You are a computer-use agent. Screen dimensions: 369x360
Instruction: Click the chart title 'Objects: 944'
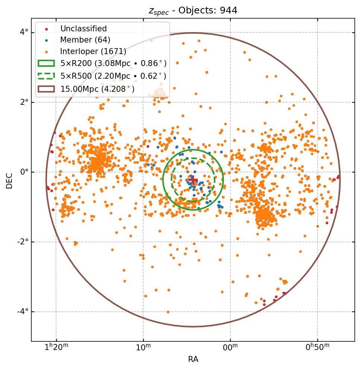click(x=193, y=10)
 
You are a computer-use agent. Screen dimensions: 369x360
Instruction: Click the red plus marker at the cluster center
click(x=193, y=180)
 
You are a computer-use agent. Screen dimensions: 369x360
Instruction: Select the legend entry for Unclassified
click(x=83, y=29)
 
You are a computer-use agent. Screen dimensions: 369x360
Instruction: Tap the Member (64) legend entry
click(x=85, y=40)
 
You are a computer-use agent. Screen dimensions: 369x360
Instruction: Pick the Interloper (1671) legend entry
click(x=93, y=51)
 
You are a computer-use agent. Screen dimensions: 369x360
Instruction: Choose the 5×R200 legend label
click(x=113, y=63)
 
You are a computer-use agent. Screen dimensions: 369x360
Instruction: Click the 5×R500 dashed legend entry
click(x=113, y=76)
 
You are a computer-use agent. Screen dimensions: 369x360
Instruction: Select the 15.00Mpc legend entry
click(x=97, y=89)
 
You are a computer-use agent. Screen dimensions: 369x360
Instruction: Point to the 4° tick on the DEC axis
click(x=24, y=32)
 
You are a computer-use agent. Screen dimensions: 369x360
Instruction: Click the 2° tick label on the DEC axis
click(x=24, y=102)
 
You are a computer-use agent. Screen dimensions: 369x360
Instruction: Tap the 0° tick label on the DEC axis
click(x=24, y=172)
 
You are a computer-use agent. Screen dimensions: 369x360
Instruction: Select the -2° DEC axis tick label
click(x=23, y=242)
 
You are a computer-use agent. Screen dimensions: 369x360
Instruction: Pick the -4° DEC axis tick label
click(x=23, y=312)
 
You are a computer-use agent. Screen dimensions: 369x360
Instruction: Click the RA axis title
click(x=193, y=359)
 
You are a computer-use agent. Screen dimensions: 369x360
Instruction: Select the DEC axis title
click(x=9, y=180)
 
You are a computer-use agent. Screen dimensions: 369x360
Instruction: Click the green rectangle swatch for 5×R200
click(x=46, y=63)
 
